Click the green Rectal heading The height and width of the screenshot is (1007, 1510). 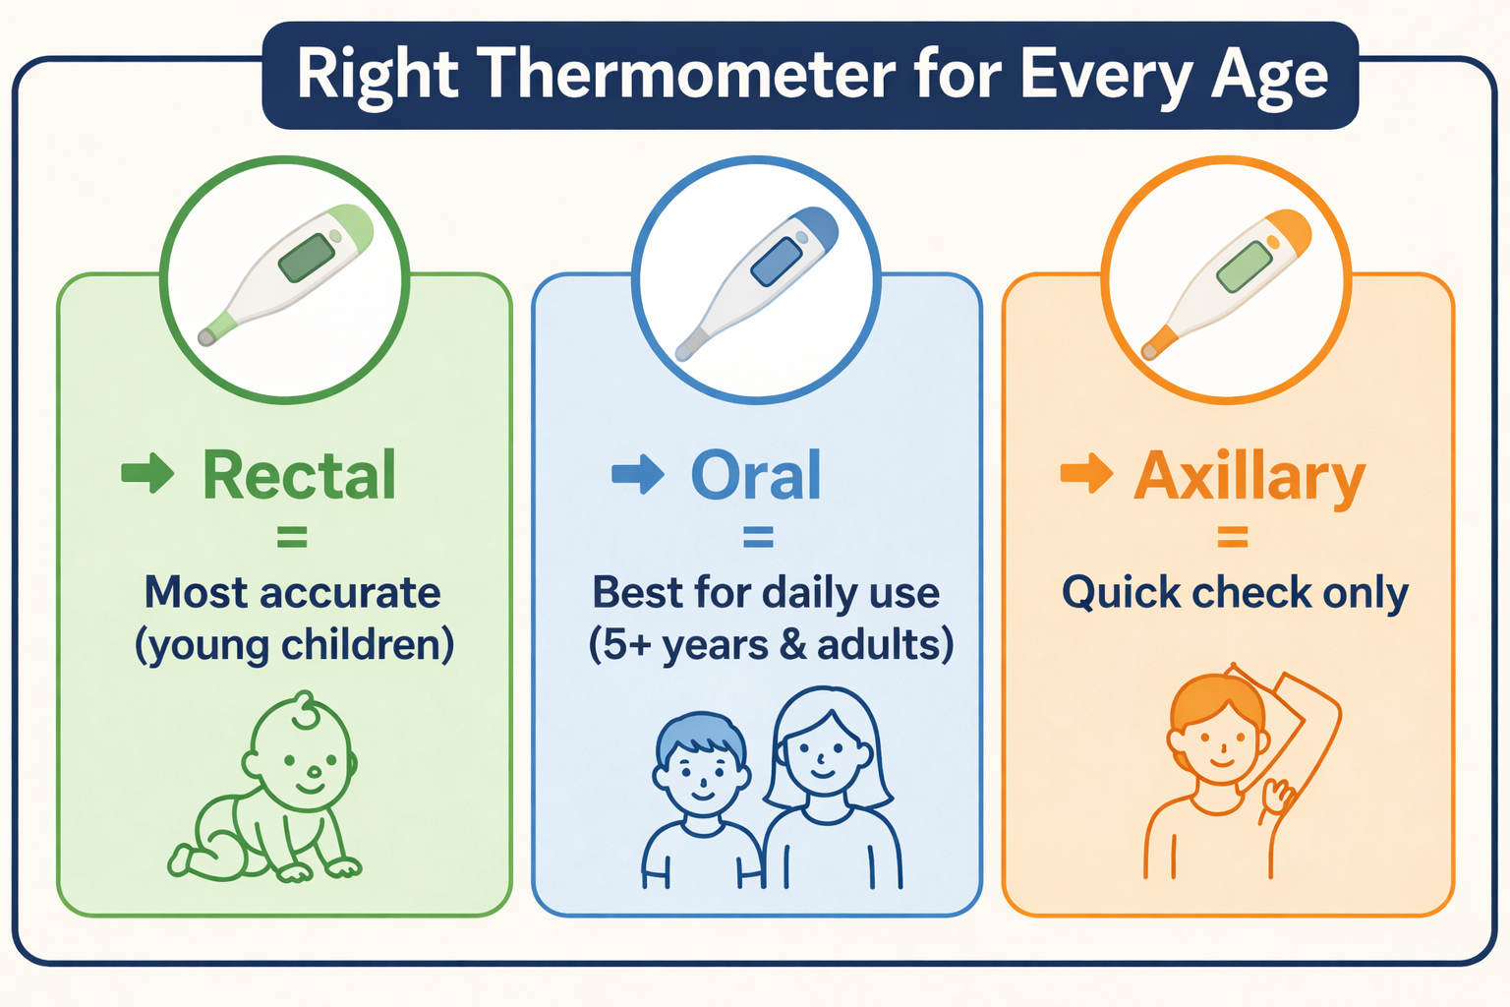click(299, 476)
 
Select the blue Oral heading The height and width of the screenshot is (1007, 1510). click(755, 476)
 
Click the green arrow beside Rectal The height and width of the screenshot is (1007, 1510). click(147, 473)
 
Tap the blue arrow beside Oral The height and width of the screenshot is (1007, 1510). click(637, 473)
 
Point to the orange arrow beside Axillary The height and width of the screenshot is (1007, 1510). click(1086, 473)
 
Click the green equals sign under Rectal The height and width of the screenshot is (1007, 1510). click(292, 537)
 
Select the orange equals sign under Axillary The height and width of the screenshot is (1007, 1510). click(1232, 537)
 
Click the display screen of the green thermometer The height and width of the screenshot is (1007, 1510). click(308, 258)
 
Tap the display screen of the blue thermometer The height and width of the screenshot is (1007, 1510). click(778, 262)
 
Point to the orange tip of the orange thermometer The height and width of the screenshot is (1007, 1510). click(1159, 343)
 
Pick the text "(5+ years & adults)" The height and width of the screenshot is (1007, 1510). click(771, 645)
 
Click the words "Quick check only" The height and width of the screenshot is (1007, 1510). click(1234, 593)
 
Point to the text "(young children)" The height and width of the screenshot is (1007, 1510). click(294, 645)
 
